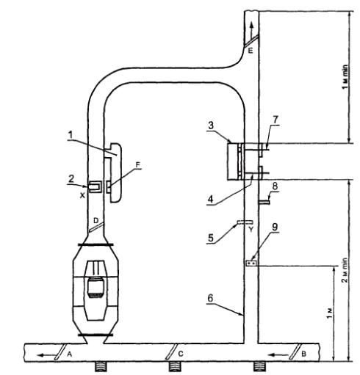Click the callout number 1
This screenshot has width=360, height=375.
(71, 135)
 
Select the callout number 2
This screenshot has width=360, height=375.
(71, 179)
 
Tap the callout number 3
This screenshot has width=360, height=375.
(211, 125)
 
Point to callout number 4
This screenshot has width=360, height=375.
(211, 200)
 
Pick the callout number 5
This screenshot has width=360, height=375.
(211, 238)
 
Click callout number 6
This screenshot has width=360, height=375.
(210, 298)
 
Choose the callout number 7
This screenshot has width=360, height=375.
(276, 120)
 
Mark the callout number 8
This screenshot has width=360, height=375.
(275, 186)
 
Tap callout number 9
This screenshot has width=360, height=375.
(275, 227)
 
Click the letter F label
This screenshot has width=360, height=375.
(138, 164)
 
